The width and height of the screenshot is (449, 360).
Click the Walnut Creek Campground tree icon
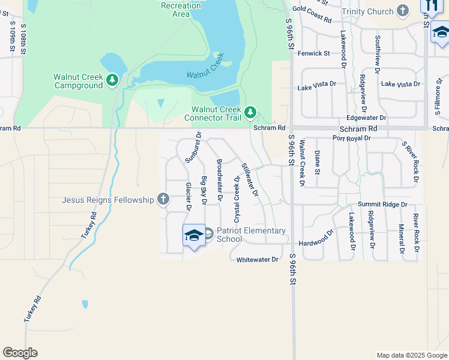pyautogui.click(x=112, y=79)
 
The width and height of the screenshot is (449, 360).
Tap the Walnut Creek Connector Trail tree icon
pyautogui.click(x=250, y=112)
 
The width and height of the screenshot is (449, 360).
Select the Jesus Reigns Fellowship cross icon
pyautogui.click(x=163, y=199)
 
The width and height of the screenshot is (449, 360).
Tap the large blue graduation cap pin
pyautogui.click(x=194, y=236)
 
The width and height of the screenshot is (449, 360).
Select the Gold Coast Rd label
pyautogui.click(x=312, y=14)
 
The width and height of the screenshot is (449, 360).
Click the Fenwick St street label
pyautogui.click(x=313, y=53)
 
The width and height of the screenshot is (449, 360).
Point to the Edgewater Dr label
pyautogui.click(x=366, y=118)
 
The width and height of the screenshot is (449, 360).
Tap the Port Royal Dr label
pyautogui.click(x=351, y=138)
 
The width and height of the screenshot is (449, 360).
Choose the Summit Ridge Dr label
pyautogui.click(x=382, y=205)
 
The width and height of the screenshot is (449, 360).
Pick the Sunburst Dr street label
pyautogui.click(x=193, y=148)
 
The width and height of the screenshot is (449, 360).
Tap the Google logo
pyautogui.click(x=20, y=352)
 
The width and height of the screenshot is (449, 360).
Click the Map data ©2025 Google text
pyautogui.click(x=411, y=355)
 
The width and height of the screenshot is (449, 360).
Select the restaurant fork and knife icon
pyautogui.click(x=430, y=5)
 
